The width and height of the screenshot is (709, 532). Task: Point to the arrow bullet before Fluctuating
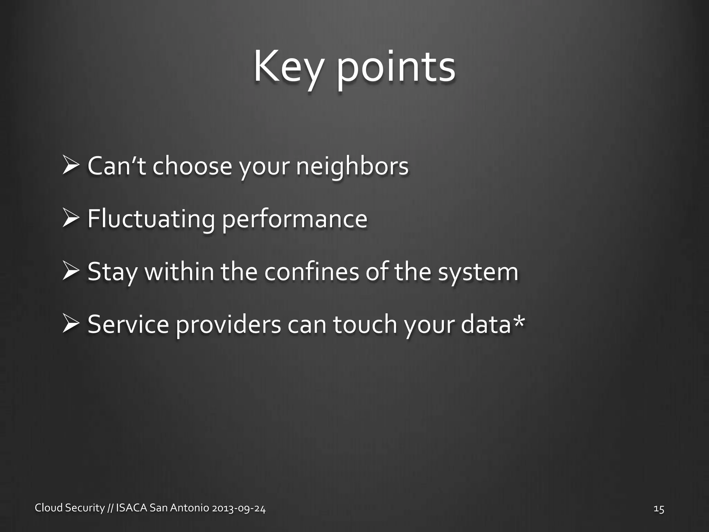[72, 219]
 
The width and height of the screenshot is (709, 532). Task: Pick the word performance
[295, 220]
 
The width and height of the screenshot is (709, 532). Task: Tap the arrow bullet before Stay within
[72, 271]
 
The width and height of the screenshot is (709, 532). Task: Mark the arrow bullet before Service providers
[72, 324]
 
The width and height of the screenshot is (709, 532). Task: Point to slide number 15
[659, 509]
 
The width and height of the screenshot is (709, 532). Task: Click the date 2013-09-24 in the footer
[239, 508]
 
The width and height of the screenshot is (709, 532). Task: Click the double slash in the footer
[110, 508]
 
